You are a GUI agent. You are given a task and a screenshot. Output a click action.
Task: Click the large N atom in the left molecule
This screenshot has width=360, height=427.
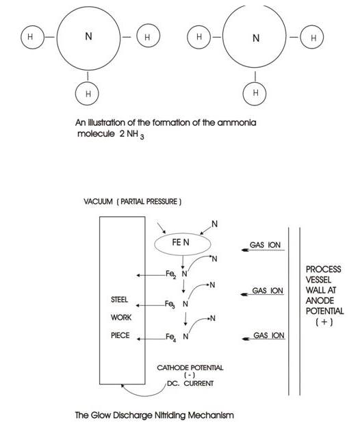[88, 38]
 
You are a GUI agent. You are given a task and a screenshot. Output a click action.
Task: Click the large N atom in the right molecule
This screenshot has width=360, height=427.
[255, 36]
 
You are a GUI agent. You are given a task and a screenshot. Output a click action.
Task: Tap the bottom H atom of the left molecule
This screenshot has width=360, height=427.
[87, 94]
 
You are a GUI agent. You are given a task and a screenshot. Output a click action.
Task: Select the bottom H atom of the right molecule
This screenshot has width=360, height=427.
[255, 94]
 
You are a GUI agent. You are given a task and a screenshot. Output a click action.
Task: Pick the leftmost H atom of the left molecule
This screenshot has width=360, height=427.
[32, 37]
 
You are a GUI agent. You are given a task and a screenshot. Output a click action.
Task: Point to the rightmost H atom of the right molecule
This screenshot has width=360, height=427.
[312, 37]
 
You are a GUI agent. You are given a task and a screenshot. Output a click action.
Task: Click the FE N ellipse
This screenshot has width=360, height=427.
[183, 244]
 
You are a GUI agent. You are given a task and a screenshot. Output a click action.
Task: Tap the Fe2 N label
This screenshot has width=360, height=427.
[177, 274]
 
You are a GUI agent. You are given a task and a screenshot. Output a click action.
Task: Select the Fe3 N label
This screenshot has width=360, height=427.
[177, 305]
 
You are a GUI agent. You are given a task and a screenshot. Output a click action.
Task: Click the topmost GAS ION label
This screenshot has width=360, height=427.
[265, 245]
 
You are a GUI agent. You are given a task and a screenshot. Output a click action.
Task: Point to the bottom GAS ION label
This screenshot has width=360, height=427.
[269, 335]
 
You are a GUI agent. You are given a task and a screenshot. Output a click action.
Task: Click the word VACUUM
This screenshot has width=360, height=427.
[98, 202]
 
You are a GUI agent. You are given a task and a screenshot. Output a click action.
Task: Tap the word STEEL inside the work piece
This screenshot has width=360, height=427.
[119, 300]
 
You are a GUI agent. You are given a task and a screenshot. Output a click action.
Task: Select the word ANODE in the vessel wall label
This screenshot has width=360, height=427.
[320, 300]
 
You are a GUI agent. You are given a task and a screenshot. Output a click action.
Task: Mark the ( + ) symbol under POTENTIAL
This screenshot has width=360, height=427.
[324, 322]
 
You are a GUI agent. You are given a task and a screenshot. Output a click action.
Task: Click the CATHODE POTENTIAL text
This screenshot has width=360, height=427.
[190, 367]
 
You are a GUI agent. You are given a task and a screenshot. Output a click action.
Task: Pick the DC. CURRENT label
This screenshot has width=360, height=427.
[190, 383]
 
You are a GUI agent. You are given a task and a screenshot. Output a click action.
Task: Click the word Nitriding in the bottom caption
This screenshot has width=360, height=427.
[170, 415]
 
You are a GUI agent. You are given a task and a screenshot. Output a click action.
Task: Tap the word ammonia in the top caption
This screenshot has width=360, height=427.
[237, 122]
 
